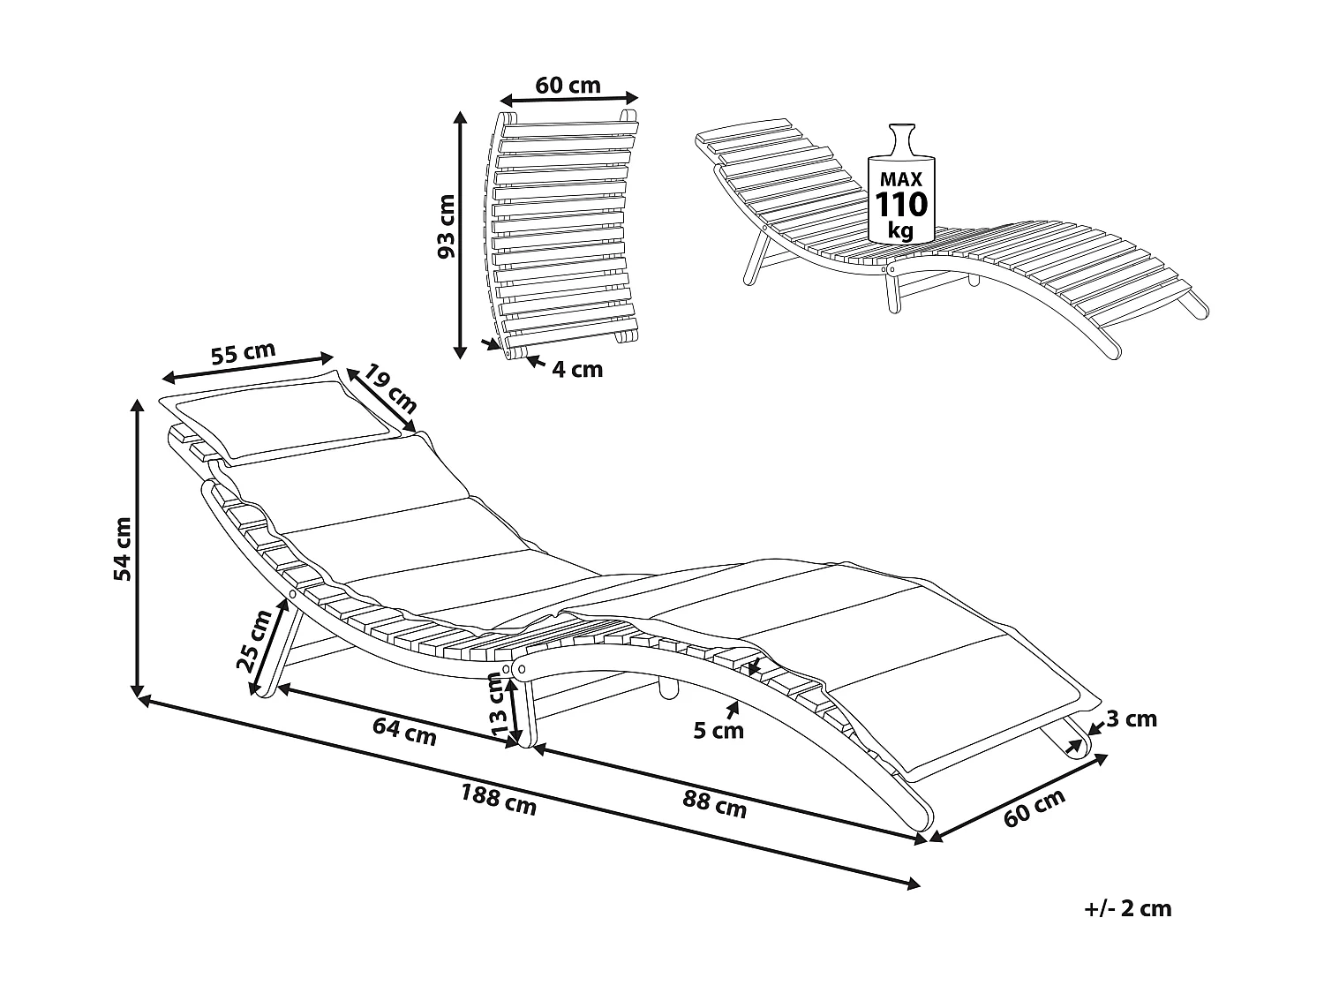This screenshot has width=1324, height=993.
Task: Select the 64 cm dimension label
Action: [405, 732]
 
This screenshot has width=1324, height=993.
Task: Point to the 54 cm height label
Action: [123, 548]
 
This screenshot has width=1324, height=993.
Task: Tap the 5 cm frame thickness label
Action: [718, 731]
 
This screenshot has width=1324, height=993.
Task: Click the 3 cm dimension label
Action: [1131, 719]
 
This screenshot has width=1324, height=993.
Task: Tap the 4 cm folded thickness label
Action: [577, 369]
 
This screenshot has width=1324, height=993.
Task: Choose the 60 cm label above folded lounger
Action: [568, 86]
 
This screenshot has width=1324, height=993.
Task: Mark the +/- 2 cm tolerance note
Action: [1127, 908]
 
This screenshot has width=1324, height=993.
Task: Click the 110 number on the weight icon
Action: [900, 205]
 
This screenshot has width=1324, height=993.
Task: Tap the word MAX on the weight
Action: [900, 178]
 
